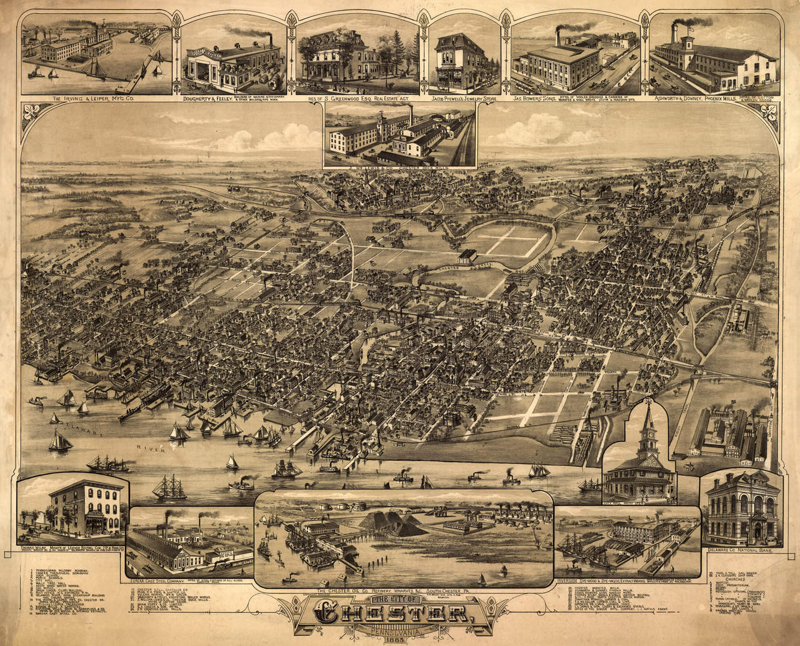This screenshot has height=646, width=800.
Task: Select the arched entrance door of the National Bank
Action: point(757,532)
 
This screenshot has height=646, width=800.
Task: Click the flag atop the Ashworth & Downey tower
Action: point(691,26)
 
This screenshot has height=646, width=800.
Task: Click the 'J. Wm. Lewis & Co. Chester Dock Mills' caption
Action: point(400,166)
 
